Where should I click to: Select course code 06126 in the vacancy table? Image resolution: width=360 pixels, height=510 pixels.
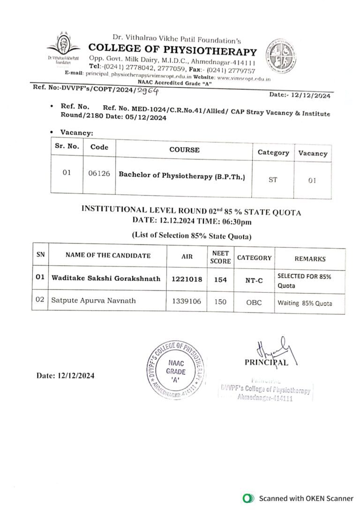click(x=99, y=173)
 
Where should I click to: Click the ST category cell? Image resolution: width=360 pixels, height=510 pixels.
click(x=272, y=179)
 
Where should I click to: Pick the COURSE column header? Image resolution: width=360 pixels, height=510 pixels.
click(x=184, y=150)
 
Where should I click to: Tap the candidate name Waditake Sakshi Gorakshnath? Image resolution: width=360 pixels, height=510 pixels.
click(x=105, y=279)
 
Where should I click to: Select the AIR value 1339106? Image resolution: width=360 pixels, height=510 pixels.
click(x=187, y=301)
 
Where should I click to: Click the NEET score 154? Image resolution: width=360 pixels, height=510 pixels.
click(x=220, y=279)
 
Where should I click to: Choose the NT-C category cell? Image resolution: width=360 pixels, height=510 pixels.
click(x=254, y=280)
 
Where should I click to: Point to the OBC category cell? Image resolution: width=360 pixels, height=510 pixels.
click(x=254, y=302)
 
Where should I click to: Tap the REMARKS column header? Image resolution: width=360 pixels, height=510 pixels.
click(x=309, y=259)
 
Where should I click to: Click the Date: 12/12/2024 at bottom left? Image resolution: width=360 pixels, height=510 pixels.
click(x=66, y=376)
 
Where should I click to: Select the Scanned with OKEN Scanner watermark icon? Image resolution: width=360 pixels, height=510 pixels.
click(x=247, y=498)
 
